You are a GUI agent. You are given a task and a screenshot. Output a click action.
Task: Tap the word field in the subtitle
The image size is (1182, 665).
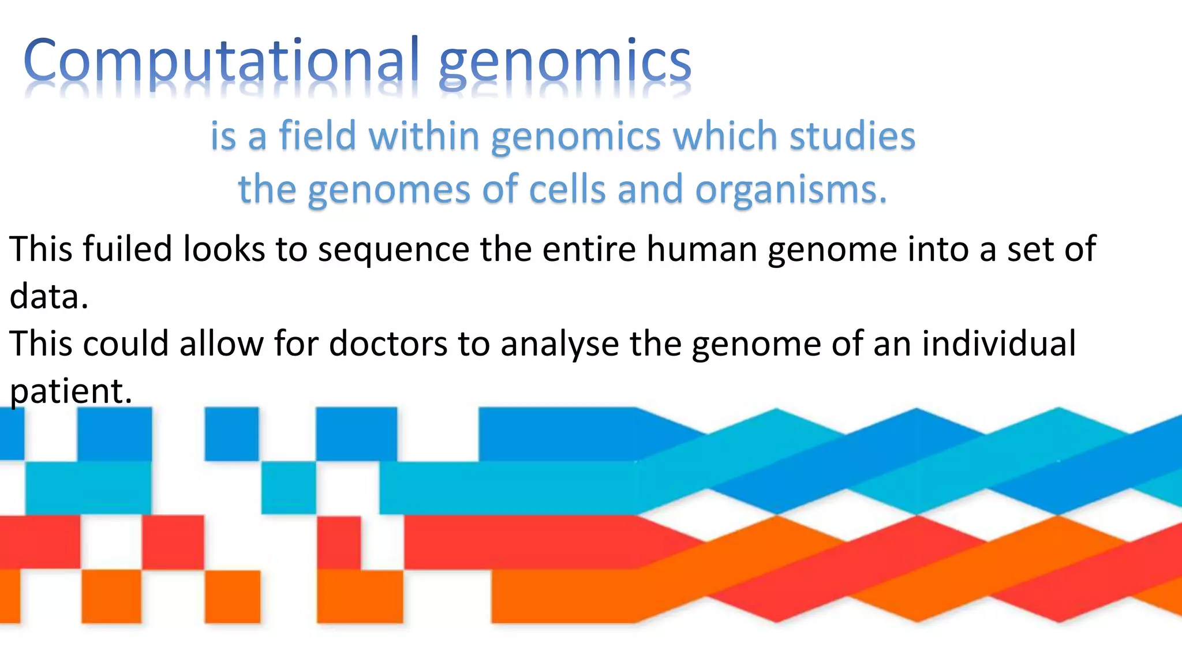coord(317,136)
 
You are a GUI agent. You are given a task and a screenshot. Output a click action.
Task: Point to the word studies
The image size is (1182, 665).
coord(852,136)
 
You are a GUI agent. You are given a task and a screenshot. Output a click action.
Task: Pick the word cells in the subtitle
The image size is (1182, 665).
coord(567,189)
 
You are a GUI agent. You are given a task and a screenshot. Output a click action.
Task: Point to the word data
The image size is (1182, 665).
coord(48,297)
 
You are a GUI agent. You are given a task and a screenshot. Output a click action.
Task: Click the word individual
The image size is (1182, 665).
coord(998,344)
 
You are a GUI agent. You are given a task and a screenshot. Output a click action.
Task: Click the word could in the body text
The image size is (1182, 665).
coord(126,344)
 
